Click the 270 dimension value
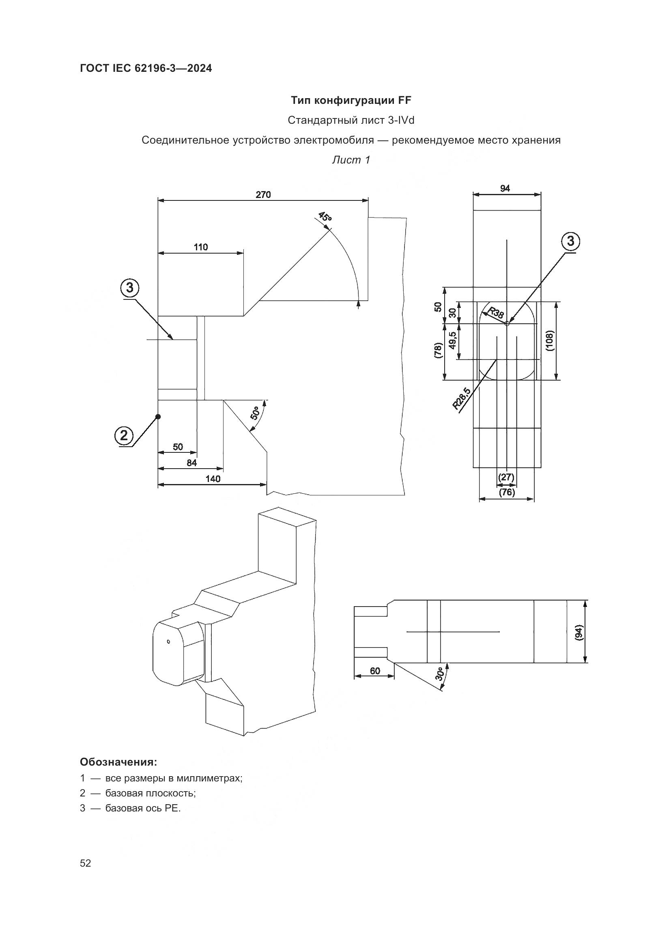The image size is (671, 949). click(x=263, y=195)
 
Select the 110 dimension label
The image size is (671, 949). click(x=201, y=247)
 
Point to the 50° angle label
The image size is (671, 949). click(x=255, y=413)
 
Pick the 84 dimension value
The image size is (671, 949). click(x=191, y=463)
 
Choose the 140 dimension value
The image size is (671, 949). click(x=213, y=479)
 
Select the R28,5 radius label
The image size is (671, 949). click(x=462, y=398)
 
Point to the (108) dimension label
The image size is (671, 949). click(x=550, y=340)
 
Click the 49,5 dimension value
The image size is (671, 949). click(x=453, y=340)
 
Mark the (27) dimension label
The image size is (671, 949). click(x=506, y=477)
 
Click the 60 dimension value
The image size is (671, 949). click(x=375, y=670)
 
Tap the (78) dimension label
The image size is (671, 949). click(x=439, y=351)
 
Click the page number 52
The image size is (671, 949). click(x=86, y=863)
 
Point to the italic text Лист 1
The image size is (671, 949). click(x=351, y=160)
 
